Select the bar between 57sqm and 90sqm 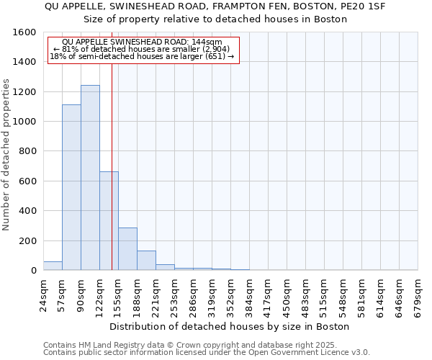click(x=71, y=187)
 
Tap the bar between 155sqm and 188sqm click(x=127, y=248)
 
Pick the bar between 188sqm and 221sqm click(x=146, y=261)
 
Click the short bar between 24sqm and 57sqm click(x=53, y=266)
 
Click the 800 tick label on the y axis click(x=27, y=152)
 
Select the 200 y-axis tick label click(x=27, y=241)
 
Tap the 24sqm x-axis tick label click(x=44, y=294)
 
